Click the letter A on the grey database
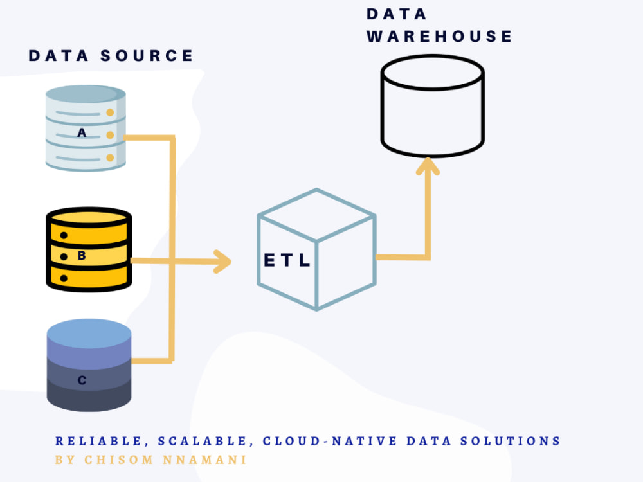[82, 133]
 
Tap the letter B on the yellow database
[82, 256]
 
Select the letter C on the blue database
[82, 380]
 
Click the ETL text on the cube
[287, 260]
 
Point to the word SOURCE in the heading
[147, 56]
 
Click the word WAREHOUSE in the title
[439, 36]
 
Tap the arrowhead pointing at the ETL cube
[222, 262]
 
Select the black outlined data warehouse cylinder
[433, 106]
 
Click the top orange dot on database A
[110, 112]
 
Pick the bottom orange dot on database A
[110, 158]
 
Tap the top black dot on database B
[64, 235]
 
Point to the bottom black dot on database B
[64, 279]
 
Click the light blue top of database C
[89, 333]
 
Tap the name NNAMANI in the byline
[204, 460]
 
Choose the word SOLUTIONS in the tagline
[511, 441]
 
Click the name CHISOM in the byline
[119, 460]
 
